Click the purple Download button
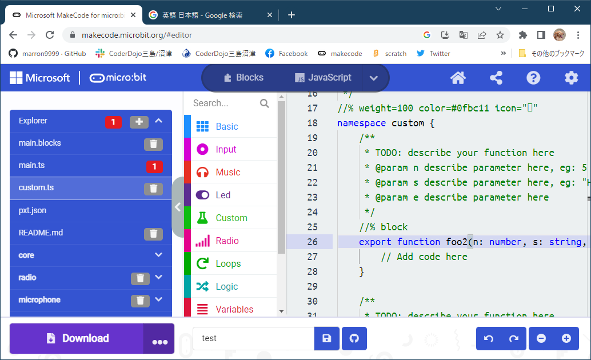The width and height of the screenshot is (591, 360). tap(77, 338)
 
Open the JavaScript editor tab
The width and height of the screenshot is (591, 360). tap(323, 78)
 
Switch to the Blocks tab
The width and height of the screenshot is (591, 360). tap(243, 78)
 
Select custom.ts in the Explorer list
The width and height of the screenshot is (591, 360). tap(36, 188)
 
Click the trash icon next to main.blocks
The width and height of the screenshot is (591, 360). tap(153, 143)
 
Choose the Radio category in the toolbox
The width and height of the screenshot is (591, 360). tap(227, 241)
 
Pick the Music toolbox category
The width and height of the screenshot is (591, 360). tap(227, 173)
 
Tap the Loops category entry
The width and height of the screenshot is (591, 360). tap(228, 264)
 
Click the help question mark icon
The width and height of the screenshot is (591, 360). tap(533, 78)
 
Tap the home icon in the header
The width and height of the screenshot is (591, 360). tap(458, 78)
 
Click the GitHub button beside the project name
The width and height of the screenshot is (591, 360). tap(354, 339)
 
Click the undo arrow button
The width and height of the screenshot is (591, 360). tap(489, 339)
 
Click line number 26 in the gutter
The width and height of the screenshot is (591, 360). tap(312, 242)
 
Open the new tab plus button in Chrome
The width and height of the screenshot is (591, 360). tap(291, 15)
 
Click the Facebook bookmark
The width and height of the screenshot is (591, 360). tap(286, 54)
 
